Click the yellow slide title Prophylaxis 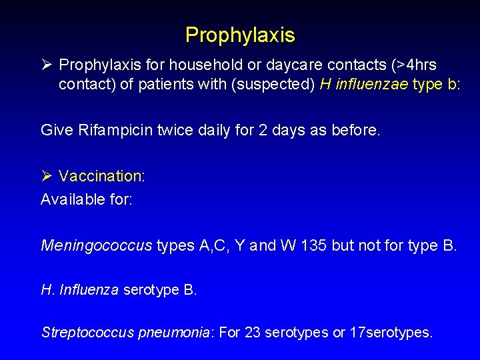point(240,34)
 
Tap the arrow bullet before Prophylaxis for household point(46,65)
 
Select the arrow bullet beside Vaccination point(46,176)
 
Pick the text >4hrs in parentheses point(414,65)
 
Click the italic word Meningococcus point(97,245)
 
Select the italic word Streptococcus point(87,332)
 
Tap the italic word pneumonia point(174,332)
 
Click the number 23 point(253,331)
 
